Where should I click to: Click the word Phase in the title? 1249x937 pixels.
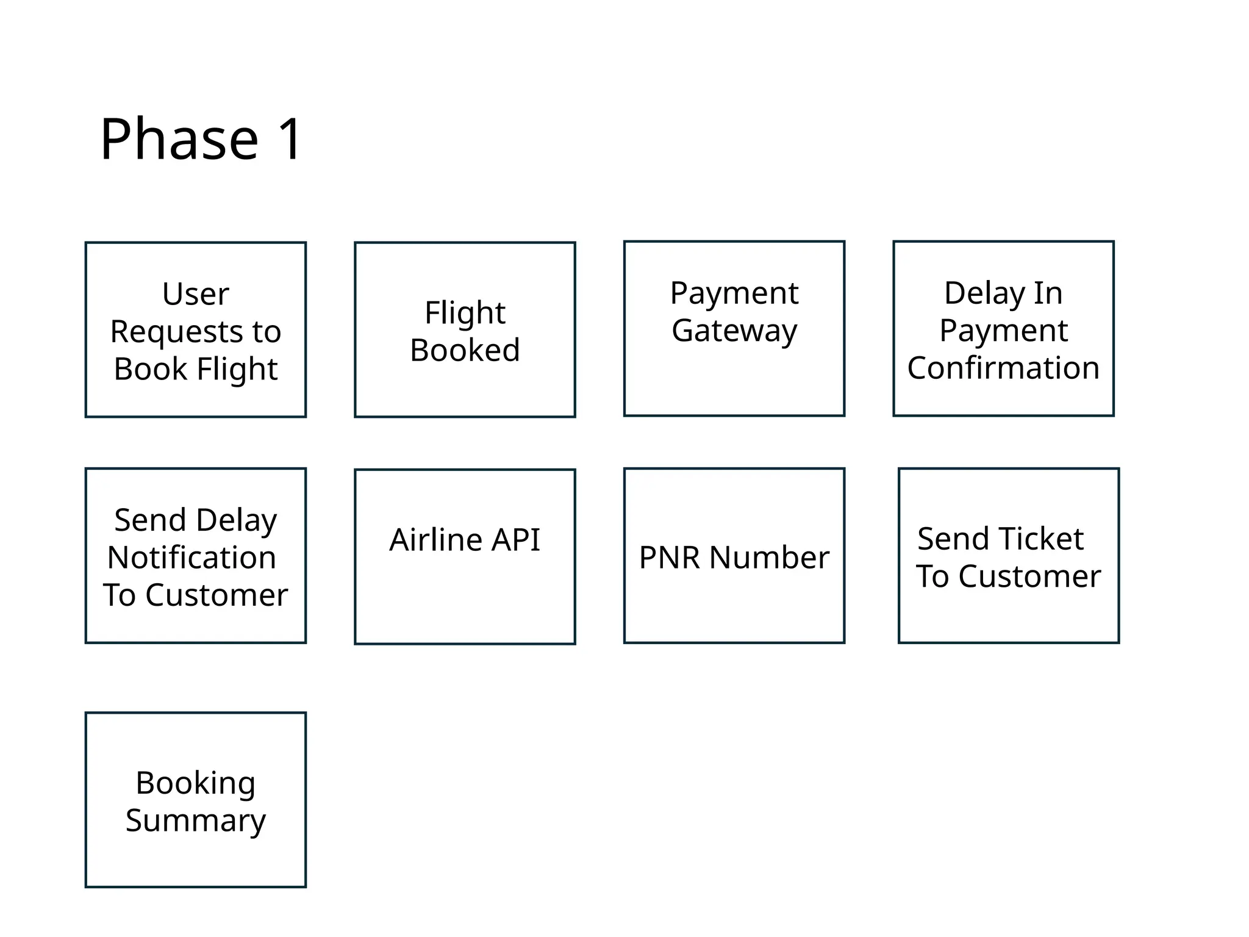[x=179, y=140]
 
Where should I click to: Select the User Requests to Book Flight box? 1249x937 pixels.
[x=196, y=330]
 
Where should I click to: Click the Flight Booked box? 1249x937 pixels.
[x=465, y=330]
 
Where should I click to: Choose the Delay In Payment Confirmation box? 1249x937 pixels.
[x=1003, y=329]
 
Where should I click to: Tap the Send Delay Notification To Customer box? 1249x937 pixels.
[x=196, y=556]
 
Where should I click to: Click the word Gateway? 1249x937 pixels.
[x=734, y=331]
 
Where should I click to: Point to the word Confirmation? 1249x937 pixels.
[x=1003, y=368]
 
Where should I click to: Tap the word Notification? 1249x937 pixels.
[x=191, y=558]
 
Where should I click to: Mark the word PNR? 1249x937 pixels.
[x=670, y=558]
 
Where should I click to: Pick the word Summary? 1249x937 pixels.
[x=196, y=820]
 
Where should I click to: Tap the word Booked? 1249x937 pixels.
[x=465, y=350]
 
